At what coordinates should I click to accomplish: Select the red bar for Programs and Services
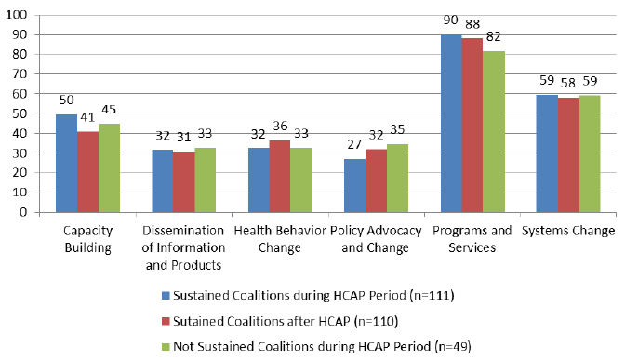[x=473, y=126]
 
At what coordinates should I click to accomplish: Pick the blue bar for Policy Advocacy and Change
[x=354, y=186]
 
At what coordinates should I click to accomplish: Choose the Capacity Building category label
[x=87, y=239]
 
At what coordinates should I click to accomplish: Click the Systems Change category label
[x=567, y=231]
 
